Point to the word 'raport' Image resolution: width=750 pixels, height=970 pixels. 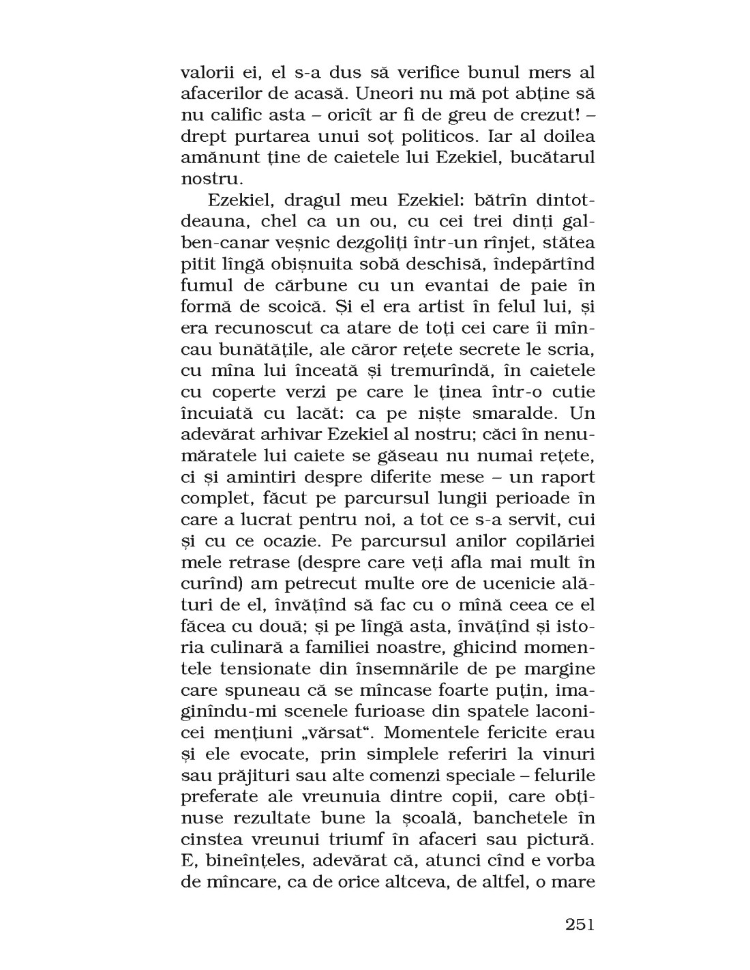coord(560,477)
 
